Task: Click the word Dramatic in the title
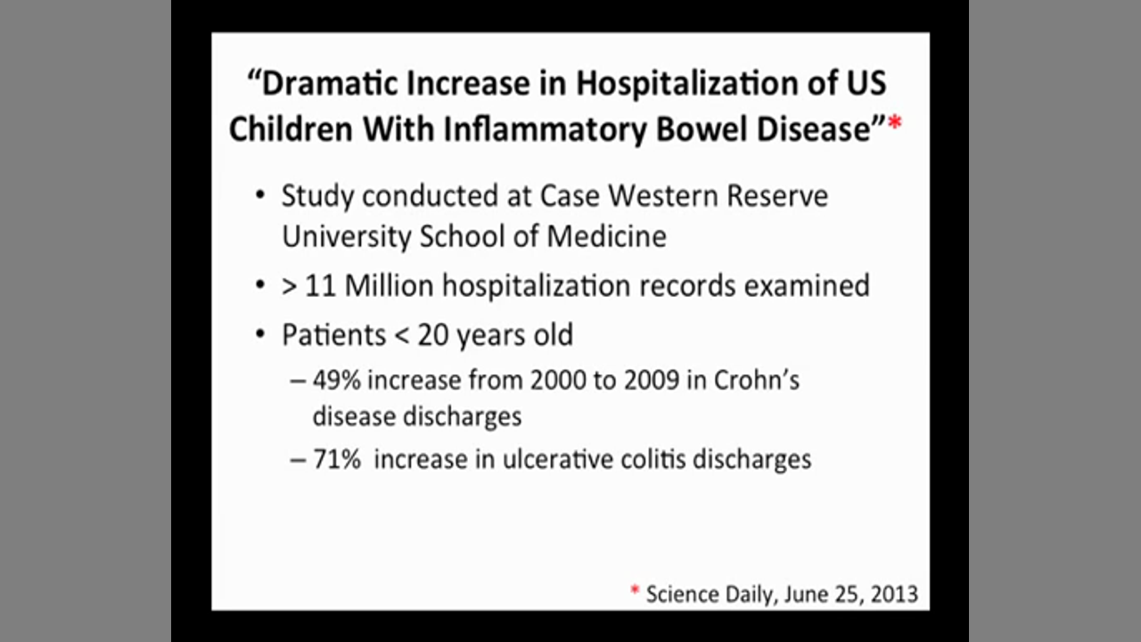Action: click(330, 83)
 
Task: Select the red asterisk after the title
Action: click(894, 123)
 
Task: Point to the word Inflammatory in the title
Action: click(545, 130)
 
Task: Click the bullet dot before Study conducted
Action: click(260, 195)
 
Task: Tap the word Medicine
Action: click(606, 236)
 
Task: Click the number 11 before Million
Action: click(320, 285)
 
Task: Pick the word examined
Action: click(807, 285)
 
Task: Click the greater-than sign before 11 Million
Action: click(290, 287)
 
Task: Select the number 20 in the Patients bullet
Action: click(432, 335)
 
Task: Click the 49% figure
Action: click(337, 380)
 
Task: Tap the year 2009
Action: click(652, 380)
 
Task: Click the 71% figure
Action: click(337, 459)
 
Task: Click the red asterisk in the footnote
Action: click(635, 590)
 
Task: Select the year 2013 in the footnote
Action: click(894, 595)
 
